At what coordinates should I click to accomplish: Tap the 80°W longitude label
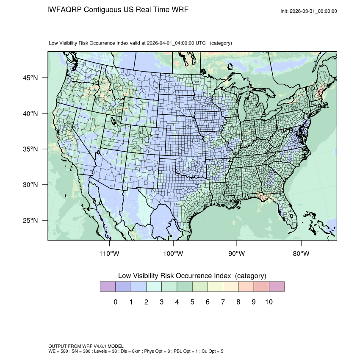coord(301,254)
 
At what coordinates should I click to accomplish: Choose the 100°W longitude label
coord(173,254)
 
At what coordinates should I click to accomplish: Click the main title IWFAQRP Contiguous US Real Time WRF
coord(118,10)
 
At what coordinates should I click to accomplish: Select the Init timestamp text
coord(309,11)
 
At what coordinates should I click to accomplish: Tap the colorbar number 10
coord(269,302)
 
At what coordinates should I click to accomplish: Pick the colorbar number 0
coord(115,302)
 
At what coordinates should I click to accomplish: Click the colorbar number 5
coord(192,302)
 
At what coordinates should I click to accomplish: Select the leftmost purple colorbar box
coord(108,287)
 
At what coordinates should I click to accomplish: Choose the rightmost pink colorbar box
coord(277,287)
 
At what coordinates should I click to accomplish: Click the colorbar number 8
coord(238,302)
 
